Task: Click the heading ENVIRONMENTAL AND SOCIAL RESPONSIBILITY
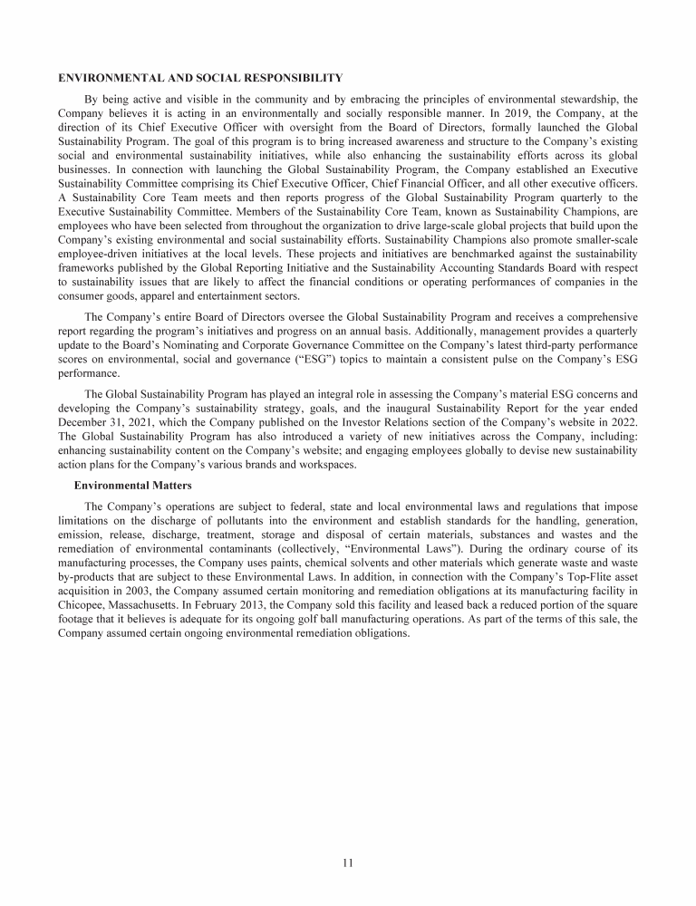click(x=200, y=77)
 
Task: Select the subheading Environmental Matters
click(x=132, y=486)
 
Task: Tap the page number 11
click(x=347, y=863)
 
